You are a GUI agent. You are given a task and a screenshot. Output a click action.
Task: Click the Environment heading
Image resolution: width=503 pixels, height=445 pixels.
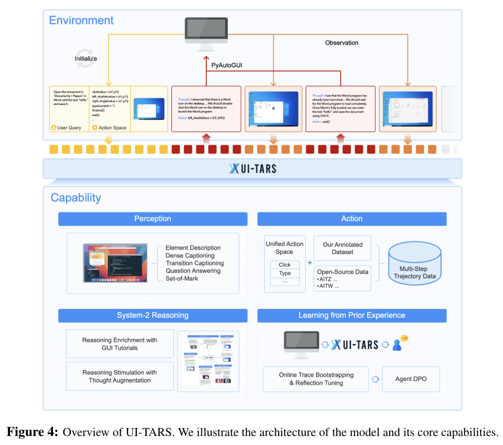[81, 20]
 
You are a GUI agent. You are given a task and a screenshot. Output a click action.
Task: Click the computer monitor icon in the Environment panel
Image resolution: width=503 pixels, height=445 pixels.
[206, 33]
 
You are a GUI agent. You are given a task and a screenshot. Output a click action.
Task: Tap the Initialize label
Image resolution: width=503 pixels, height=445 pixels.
[86, 58]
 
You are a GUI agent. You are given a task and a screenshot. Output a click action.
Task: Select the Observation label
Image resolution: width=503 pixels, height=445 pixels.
[342, 43]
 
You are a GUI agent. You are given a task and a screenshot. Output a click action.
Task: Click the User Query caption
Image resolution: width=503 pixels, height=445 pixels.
[69, 127]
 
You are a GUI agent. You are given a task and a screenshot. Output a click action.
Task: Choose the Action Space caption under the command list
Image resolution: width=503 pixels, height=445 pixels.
[112, 127]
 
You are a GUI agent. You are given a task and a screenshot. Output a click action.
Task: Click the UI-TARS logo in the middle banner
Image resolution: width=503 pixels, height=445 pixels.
[253, 168]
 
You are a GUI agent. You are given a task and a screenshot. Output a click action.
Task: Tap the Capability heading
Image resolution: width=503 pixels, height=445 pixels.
[76, 197]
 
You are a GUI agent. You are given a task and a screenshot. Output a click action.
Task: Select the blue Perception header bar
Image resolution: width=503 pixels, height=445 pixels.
[153, 219]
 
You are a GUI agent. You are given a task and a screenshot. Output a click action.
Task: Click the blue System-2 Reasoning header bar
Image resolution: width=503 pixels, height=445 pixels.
[153, 315]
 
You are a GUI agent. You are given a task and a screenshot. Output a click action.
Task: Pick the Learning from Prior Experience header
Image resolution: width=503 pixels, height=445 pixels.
[352, 315]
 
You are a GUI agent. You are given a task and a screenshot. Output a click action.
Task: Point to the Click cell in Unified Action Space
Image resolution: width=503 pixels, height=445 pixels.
[285, 264]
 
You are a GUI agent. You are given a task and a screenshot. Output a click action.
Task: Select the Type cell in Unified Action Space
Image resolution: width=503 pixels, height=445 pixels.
[285, 273]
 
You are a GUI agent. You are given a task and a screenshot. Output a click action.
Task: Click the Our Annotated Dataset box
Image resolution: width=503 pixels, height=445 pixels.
[342, 248]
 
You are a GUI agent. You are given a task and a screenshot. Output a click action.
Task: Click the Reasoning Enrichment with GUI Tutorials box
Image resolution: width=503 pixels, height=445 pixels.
[120, 343]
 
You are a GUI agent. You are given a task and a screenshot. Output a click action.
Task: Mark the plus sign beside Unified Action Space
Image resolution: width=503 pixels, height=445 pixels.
[310, 263]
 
